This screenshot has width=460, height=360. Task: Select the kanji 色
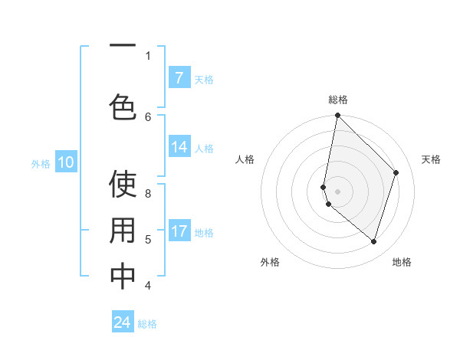point(123,106)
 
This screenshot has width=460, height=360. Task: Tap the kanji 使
point(123,185)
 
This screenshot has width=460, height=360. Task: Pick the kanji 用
point(123,231)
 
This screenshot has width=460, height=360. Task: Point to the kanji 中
point(123,277)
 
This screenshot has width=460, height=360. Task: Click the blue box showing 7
point(179,78)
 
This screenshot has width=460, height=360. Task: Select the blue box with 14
point(179,148)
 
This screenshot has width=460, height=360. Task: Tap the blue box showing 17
point(179,231)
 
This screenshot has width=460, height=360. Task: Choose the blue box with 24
point(123,322)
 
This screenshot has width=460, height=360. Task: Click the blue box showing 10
point(65,162)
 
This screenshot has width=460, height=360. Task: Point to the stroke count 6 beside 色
point(148,116)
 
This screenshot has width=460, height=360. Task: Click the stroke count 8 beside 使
point(148,194)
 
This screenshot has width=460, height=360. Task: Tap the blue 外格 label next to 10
point(41,163)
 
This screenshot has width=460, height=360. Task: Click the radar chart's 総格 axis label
point(337,100)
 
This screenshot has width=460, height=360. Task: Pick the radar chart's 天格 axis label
point(431,159)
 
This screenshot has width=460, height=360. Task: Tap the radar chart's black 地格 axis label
point(402,262)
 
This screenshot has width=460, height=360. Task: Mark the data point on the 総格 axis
point(337,116)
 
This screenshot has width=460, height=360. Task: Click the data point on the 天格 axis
point(396,172)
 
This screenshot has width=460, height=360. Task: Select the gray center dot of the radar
point(337,191)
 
